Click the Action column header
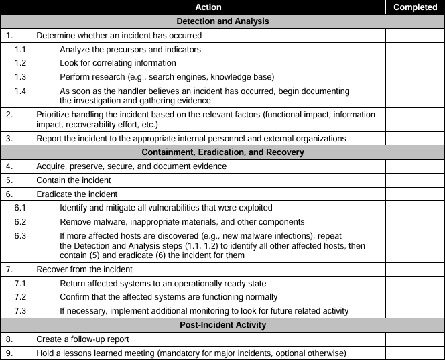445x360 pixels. [x=208, y=7]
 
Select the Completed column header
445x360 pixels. [x=415, y=7]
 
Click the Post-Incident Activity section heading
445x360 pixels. [x=222, y=325]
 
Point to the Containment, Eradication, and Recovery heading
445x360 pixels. [x=222, y=152]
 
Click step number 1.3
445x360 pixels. [x=21, y=77]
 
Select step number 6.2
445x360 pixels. [x=21, y=222]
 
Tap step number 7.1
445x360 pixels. [x=21, y=284]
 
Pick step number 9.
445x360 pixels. [x=9, y=353]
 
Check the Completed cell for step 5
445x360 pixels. [x=415, y=180]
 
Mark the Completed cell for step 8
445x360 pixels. [x=415, y=339]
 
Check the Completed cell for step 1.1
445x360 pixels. [x=415, y=50]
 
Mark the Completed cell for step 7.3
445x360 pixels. [x=415, y=311]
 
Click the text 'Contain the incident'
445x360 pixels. [x=74, y=180]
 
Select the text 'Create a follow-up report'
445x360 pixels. [x=82, y=339]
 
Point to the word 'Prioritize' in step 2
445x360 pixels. [x=54, y=115]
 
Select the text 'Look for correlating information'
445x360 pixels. [x=118, y=63]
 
